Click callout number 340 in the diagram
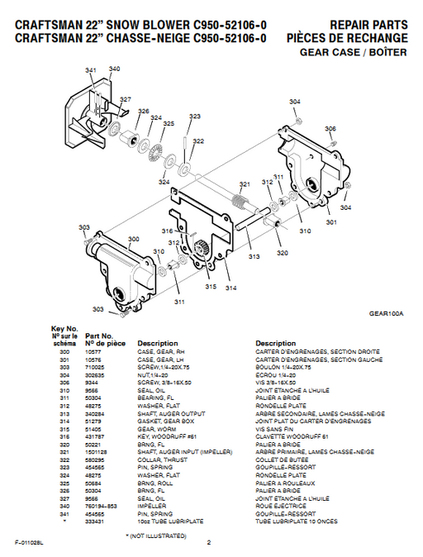113,69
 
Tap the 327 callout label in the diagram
125,100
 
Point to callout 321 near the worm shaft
245,183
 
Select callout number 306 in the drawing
330,129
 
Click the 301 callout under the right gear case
330,222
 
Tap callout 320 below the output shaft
282,253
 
